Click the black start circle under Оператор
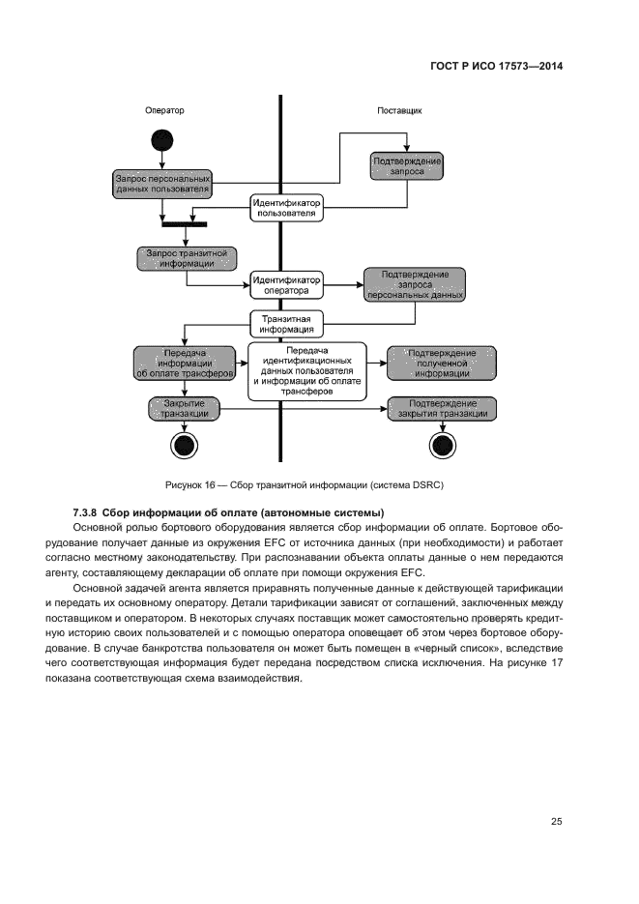click(x=161, y=139)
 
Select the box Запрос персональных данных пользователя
click(x=161, y=184)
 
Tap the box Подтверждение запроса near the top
click(x=406, y=164)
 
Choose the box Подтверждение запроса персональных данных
click(x=415, y=283)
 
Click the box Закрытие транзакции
click(x=185, y=408)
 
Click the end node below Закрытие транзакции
click(x=183, y=445)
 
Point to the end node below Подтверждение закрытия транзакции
click(x=442, y=445)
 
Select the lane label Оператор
click(x=164, y=110)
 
